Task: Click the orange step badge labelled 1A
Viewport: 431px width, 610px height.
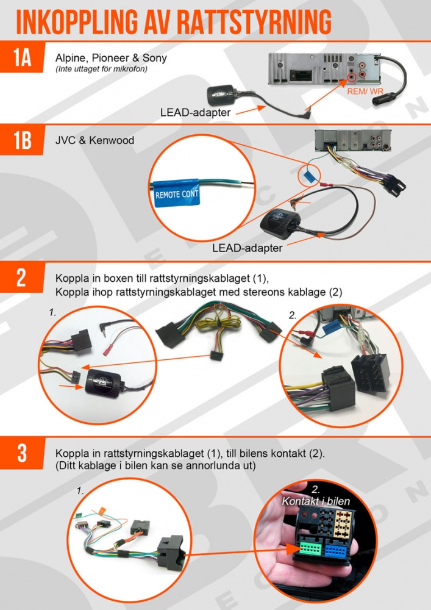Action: [23, 57]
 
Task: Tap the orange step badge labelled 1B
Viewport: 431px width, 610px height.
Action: [23, 141]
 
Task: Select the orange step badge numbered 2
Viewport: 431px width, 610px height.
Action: [22, 277]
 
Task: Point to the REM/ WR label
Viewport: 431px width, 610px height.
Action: [364, 91]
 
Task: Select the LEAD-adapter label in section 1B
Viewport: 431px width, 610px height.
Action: [247, 248]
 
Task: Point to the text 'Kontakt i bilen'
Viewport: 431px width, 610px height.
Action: [315, 501]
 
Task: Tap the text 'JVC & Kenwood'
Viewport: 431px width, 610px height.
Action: [94, 140]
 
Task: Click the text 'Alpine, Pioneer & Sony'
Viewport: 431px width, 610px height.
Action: [111, 59]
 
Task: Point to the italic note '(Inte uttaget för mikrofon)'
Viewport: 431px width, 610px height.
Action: [101, 69]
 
